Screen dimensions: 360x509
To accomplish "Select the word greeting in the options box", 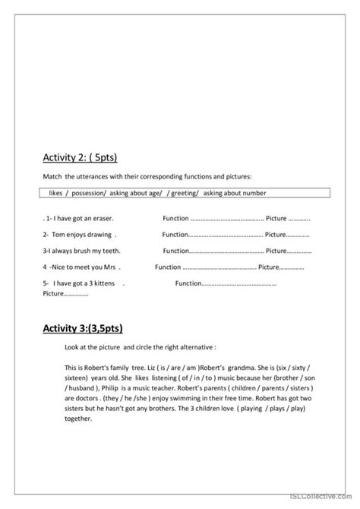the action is (x=185, y=194).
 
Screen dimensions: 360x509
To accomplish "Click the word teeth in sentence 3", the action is (x=109, y=251).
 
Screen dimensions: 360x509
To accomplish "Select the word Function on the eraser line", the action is (x=175, y=217).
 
